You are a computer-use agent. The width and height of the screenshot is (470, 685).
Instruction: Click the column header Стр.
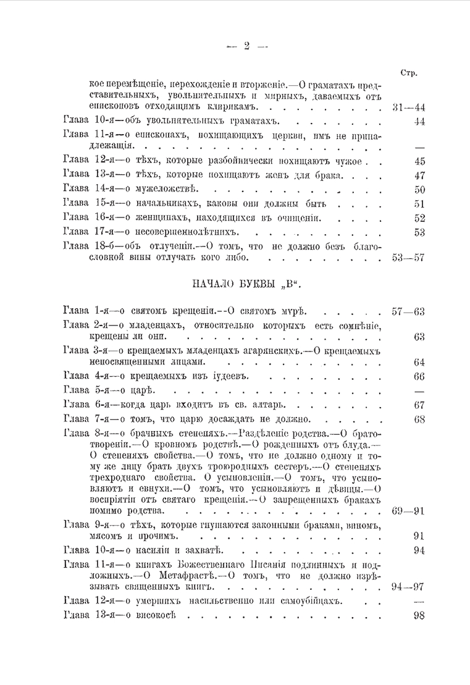[407, 73]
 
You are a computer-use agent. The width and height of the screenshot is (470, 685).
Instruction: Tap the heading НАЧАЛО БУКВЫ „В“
[241, 285]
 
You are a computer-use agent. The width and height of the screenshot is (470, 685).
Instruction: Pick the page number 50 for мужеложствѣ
[419, 190]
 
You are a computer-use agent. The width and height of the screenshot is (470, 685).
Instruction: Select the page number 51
[419, 204]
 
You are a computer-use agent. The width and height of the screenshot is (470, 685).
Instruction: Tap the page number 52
[419, 217]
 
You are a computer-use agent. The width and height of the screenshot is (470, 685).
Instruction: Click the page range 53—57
[408, 258]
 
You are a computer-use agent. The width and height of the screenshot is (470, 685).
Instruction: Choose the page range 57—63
[408, 311]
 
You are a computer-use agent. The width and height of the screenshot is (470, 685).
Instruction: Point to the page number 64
[419, 363]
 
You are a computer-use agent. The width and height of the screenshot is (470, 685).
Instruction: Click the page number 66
[419, 377]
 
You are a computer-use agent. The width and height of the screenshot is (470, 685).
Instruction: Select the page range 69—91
[408, 511]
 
